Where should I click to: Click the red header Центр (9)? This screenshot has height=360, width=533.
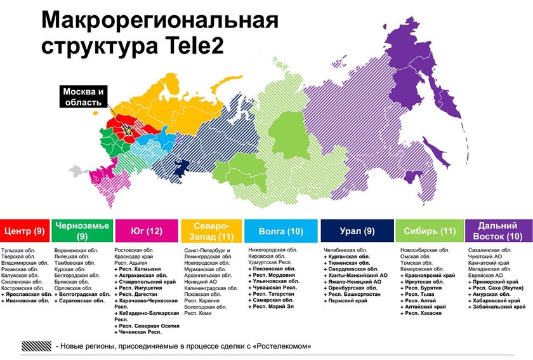click(25, 231)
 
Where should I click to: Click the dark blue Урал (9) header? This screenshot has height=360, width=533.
click(357, 231)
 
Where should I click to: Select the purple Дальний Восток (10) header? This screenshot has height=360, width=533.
click(497, 231)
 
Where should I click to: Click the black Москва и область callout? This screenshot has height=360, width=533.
click(84, 97)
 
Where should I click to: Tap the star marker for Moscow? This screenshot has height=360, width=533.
click(129, 130)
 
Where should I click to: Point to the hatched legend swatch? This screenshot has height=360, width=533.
click(37, 347)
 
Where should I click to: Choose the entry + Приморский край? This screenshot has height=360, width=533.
click(495, 282)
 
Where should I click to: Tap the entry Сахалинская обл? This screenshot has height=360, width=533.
click(490, 250)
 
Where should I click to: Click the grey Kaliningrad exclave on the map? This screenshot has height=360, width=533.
click(77, 170)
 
